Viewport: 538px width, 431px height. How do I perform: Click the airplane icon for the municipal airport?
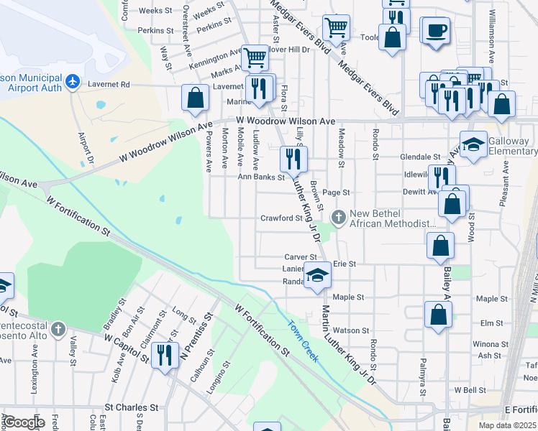[x=72, y=82]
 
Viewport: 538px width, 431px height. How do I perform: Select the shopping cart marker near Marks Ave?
[x=255, y=57]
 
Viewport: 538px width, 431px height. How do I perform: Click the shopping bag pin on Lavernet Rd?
[x=196, y=98]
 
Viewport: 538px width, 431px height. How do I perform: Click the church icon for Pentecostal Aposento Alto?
[x=58, y=330]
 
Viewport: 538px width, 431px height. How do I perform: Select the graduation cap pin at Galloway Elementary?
[x=473, y=145]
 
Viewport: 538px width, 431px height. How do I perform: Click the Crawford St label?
[x=280, y=218]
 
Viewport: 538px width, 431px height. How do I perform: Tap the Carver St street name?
[x=301, y=256]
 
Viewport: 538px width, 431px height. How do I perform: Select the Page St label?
[x=336, y=193]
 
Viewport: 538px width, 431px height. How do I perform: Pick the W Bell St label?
[x=470, y=389]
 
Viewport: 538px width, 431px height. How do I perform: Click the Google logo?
[x=24, y=422]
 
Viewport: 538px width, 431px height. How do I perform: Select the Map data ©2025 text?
[x=507, y=425]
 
